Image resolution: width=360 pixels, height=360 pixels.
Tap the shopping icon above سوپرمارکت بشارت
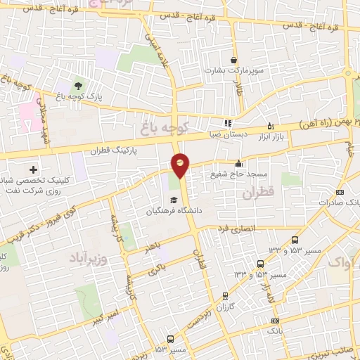coord(234,59)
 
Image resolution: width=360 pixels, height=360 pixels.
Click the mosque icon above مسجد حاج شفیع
coord(240,163)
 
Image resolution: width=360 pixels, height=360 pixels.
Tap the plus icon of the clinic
coord(33,169)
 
